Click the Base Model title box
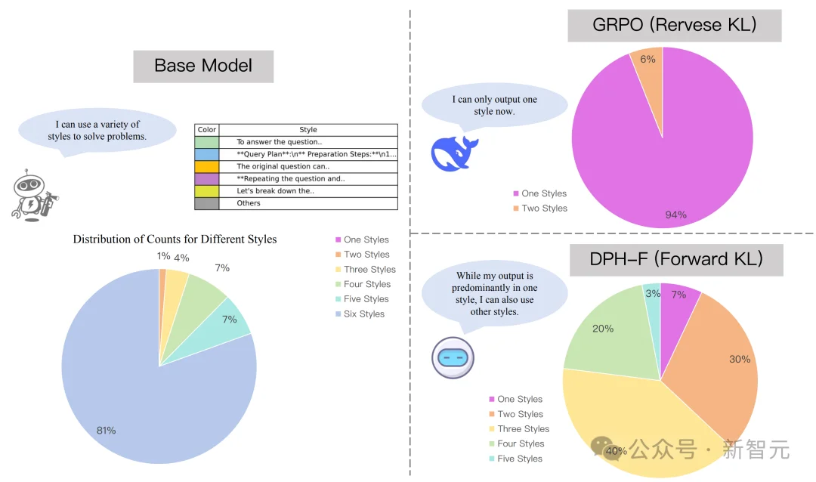point(203,66)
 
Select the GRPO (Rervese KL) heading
point(674,26)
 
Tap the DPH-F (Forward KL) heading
point(675,260)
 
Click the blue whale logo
point(454,153)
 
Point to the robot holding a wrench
point(33,196)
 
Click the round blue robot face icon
point(453,357)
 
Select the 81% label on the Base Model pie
point(106,431)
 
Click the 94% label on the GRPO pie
point(676,215)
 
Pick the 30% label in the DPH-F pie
point(740,359)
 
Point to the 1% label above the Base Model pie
point(164,255)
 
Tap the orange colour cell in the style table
point(206,166)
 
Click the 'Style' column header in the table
point(308,130)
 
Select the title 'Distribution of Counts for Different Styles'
point(175,239)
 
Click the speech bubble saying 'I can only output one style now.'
point(494,105)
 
